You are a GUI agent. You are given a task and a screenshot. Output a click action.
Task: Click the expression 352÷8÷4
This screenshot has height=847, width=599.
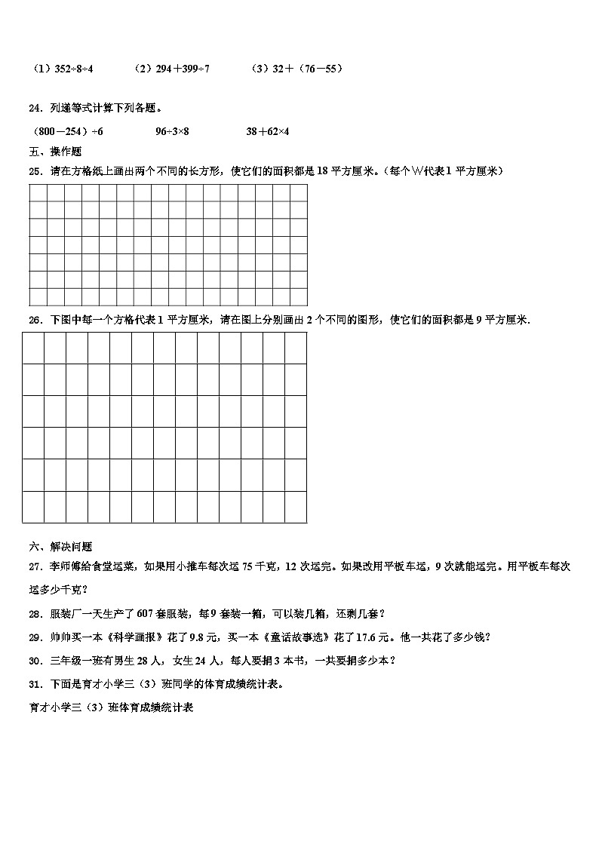pyautogui.click(x=72, y=69)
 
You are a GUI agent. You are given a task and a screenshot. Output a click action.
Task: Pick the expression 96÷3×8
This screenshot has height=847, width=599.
pyautogui.click(x=172, y=131)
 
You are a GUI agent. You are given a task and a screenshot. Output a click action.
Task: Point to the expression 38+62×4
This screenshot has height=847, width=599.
pyautogui.click(x=268, y=131)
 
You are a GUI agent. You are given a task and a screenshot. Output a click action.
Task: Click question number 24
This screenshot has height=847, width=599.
pyautogui.click(x=35, y=108)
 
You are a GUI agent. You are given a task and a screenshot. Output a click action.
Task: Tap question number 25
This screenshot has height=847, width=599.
pyautogui.click(x=35, y=171)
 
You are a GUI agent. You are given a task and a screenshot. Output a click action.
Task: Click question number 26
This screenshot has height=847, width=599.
pyautogui.click(x=35, y=320)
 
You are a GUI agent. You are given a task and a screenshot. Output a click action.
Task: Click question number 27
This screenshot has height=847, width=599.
pyautogui.click(x=35, y=566)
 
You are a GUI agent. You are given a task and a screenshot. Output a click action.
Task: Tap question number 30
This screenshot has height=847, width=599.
pyautogui.click(x=35, y=661)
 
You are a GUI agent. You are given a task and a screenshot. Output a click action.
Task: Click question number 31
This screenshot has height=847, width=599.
pyautogui.click(x=35, y=684)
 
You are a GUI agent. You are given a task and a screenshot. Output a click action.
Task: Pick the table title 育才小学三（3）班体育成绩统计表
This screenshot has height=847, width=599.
pyautogui.click(x=110, y=707)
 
